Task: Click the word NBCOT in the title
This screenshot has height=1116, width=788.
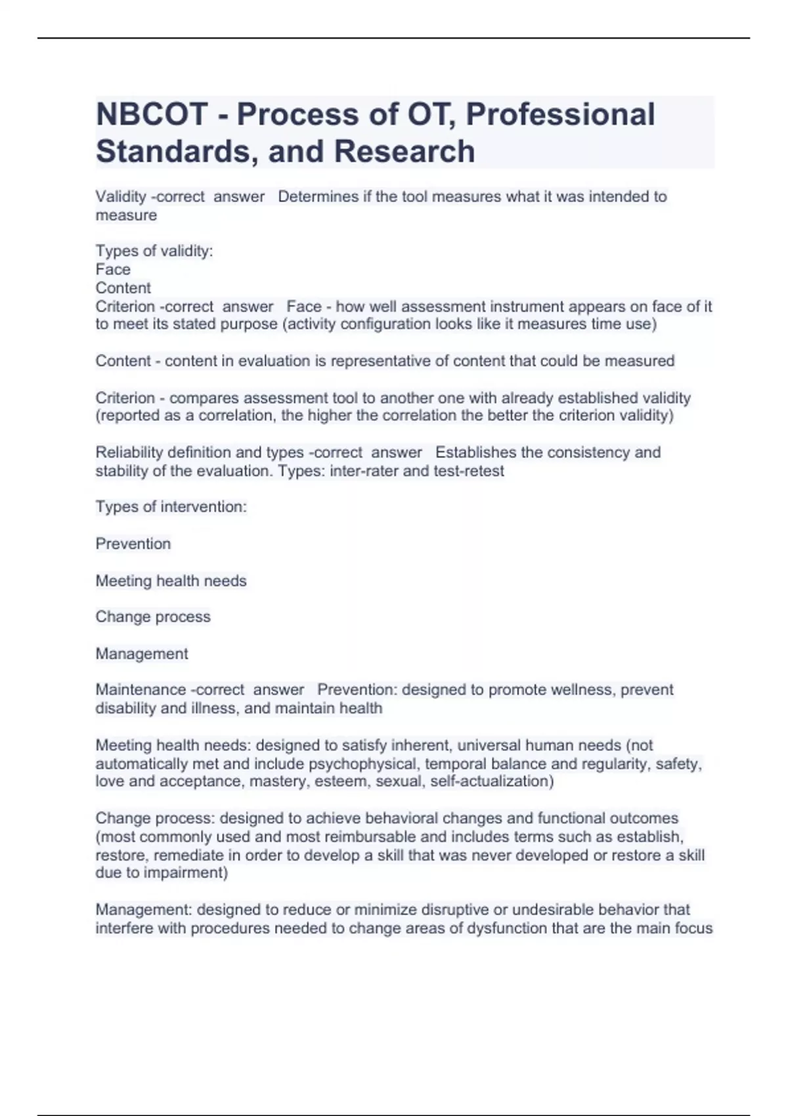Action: [152, 114]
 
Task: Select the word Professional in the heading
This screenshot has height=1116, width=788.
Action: [560, 114]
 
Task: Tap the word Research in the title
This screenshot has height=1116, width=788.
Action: [404, 151]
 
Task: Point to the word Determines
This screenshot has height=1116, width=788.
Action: [318, 196]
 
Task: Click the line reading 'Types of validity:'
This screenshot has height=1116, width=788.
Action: [154, 251]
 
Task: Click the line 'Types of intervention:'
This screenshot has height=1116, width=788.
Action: [171, 506]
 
